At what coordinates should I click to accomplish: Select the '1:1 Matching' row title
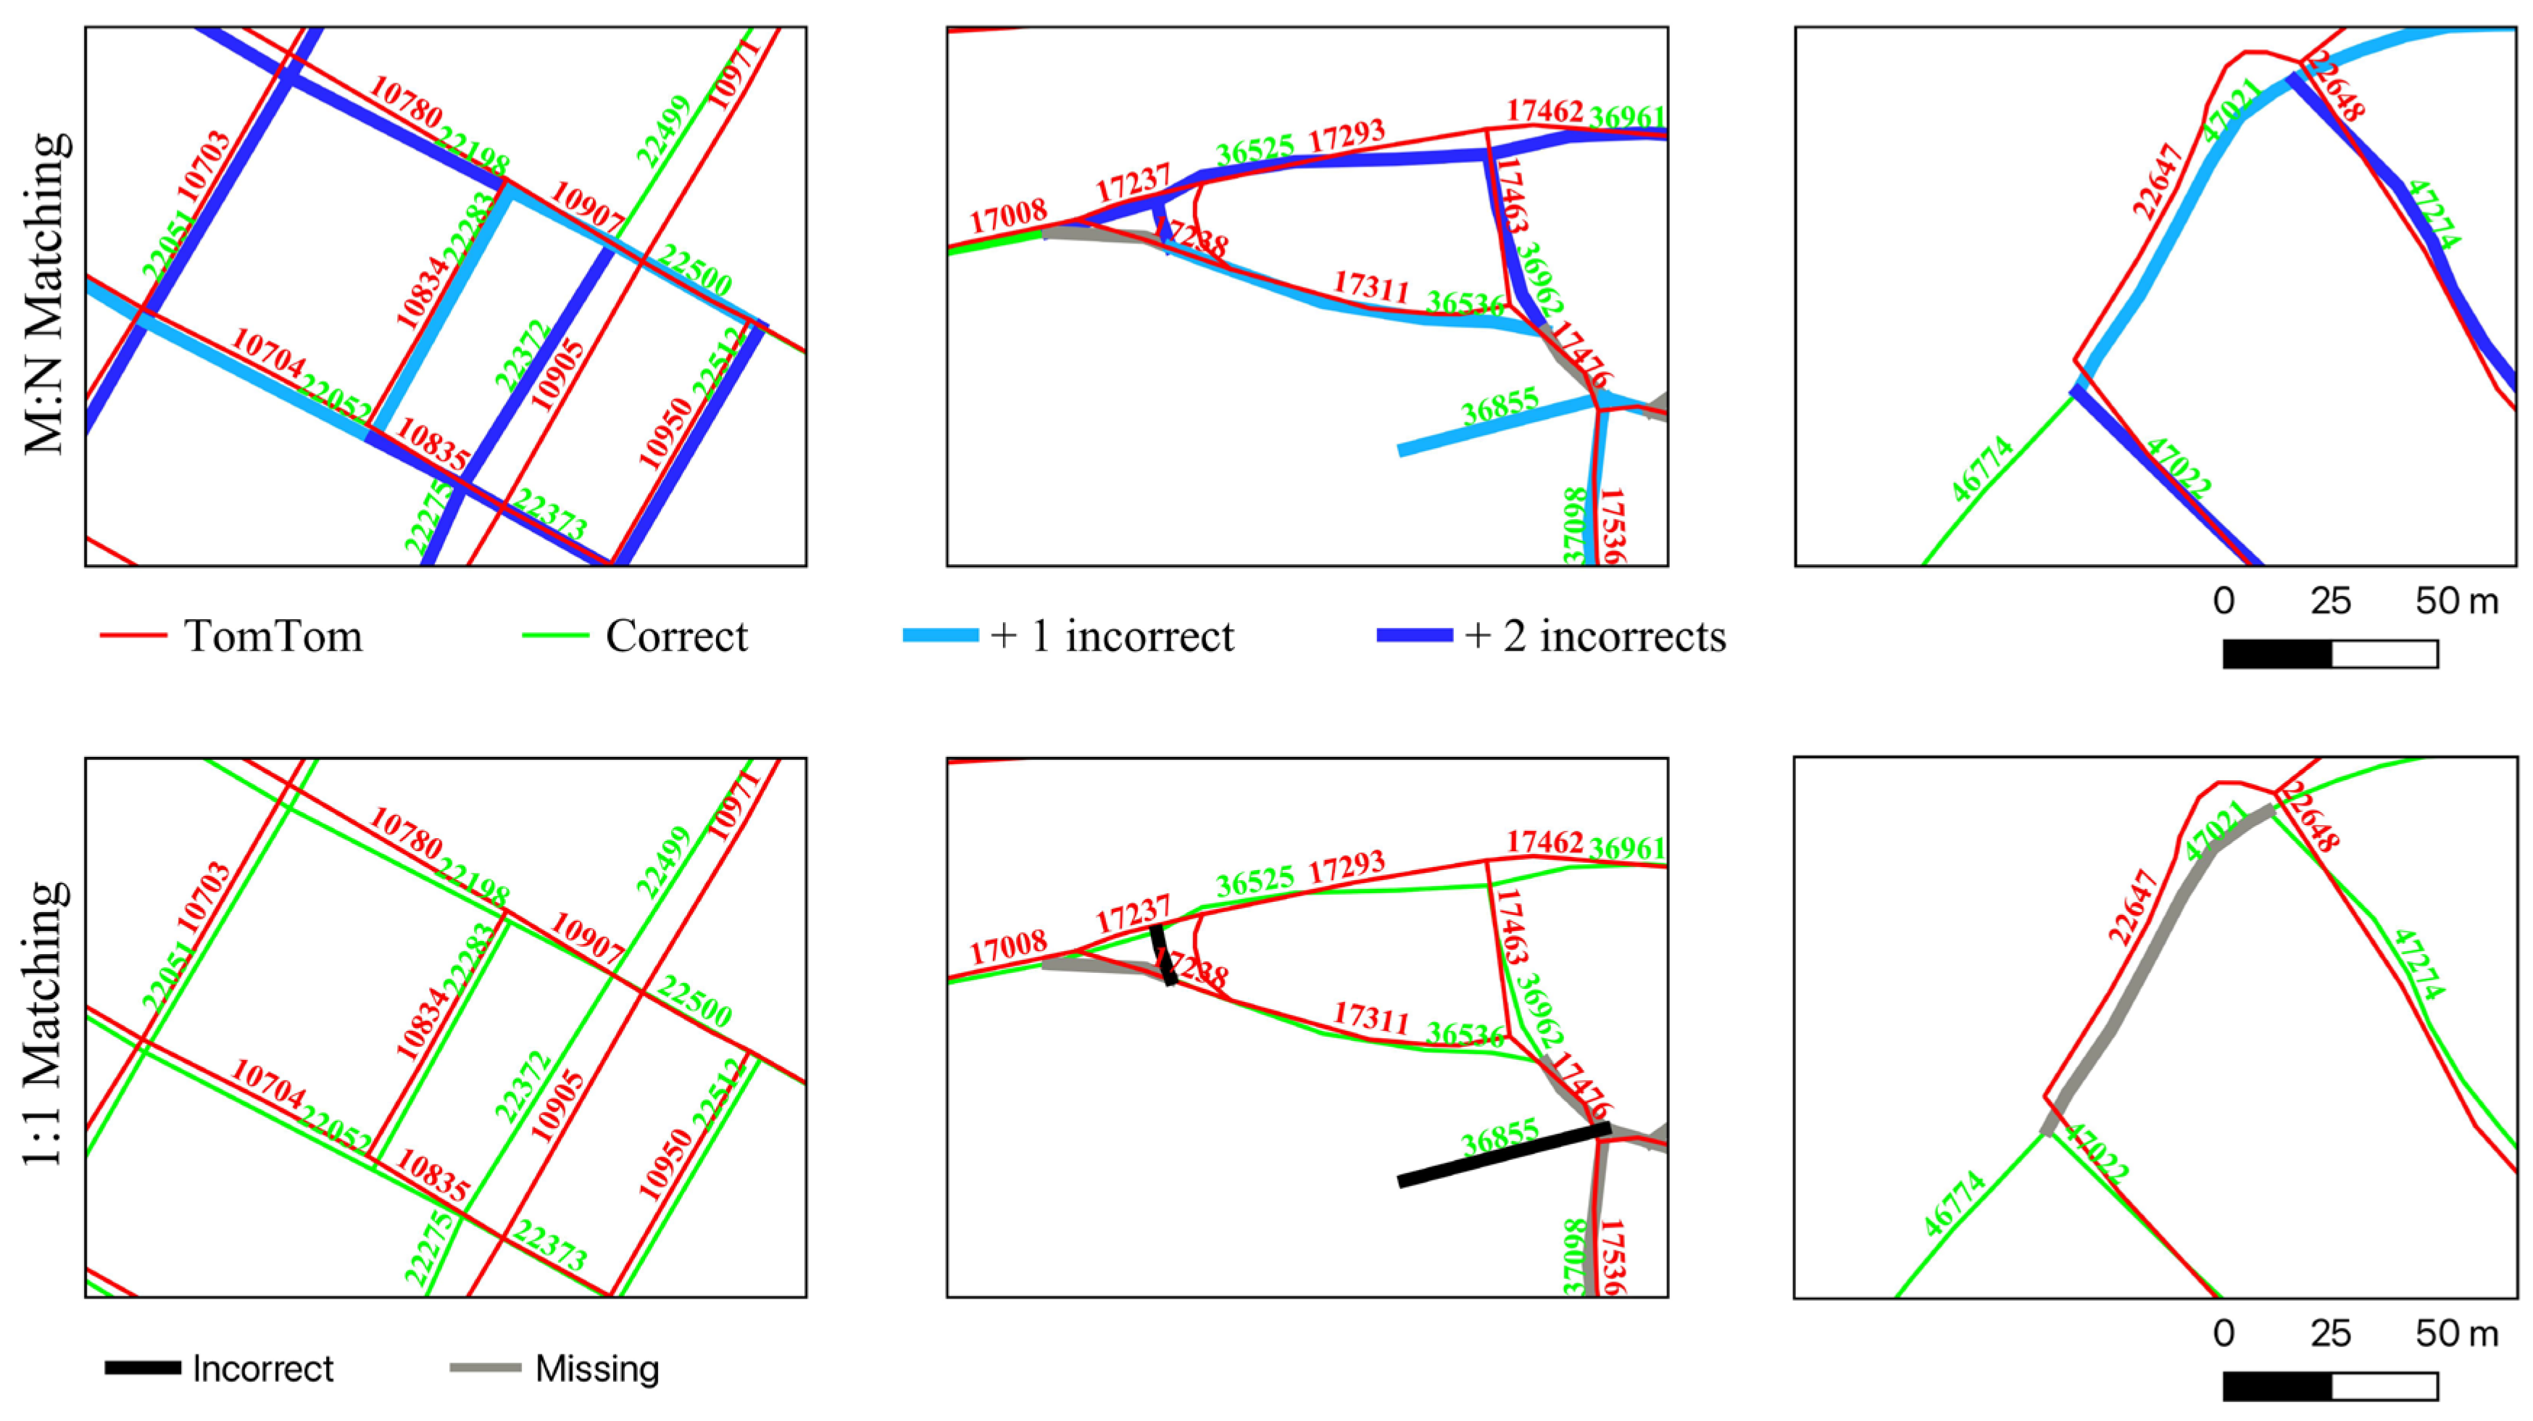click(x=45, y=1023)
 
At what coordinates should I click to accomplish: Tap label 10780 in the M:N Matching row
click(x=405, y=101)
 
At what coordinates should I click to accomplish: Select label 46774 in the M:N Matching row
click(x=1982, y=469)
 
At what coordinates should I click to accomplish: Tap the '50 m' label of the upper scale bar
click(x=2456, y=601)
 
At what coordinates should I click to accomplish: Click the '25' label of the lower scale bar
click(x=2331, y=1333)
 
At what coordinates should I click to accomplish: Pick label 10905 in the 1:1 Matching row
click(x=557, y=1106)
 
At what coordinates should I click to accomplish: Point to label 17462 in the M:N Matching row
click(x=1544, y=111)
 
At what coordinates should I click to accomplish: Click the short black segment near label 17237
click(x=1163, y=954)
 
